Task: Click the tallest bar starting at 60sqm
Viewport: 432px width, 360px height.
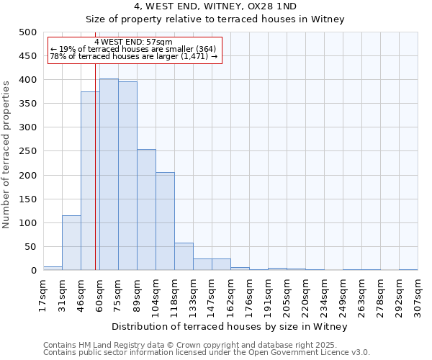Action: (109, 175)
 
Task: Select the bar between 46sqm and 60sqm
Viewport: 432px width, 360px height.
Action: (90, 181)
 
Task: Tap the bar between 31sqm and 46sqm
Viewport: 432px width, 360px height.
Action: (71, 243)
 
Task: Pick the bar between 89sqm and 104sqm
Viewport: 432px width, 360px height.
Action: (146, 210)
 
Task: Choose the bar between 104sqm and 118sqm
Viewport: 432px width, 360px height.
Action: (165, 221)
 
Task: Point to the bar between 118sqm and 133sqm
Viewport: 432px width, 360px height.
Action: (184, 256)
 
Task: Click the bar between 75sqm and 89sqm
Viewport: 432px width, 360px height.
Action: (127, 176)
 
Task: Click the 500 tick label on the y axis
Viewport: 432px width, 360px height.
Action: (28, 32)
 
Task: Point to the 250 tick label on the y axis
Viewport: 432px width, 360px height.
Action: (28, 151)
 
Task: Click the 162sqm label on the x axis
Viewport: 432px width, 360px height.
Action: (230, 296)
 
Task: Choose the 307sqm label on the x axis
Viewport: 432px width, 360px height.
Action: (418, 296)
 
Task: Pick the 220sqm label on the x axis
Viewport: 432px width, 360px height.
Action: (305, 296)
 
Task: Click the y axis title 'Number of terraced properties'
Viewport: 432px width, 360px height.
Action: (7, 154)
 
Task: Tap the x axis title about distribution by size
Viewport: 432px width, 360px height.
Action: (230, 326)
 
